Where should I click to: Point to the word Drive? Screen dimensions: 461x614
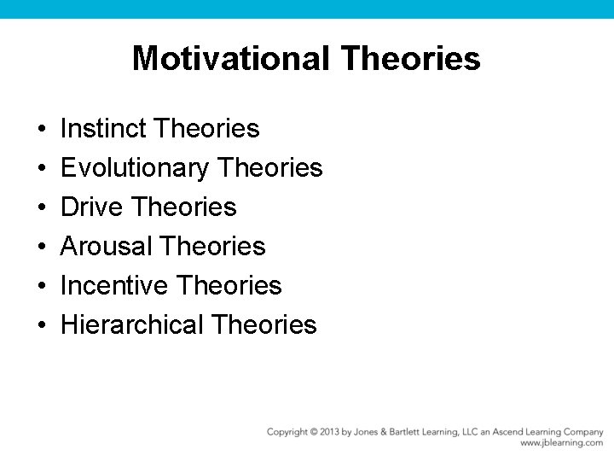point(94,207)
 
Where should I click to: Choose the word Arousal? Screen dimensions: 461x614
point(106,247)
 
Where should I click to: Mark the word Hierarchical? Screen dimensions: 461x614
point(132,325)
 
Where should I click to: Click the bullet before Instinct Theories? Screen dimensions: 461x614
point(41,130)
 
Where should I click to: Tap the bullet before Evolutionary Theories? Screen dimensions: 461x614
point(41,169)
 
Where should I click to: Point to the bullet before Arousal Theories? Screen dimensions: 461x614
point(41,248)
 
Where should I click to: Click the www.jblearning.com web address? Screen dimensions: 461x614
point(561,443)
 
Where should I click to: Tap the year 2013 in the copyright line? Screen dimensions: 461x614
point(327,432)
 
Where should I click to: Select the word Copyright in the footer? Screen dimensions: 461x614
point(287,432)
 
